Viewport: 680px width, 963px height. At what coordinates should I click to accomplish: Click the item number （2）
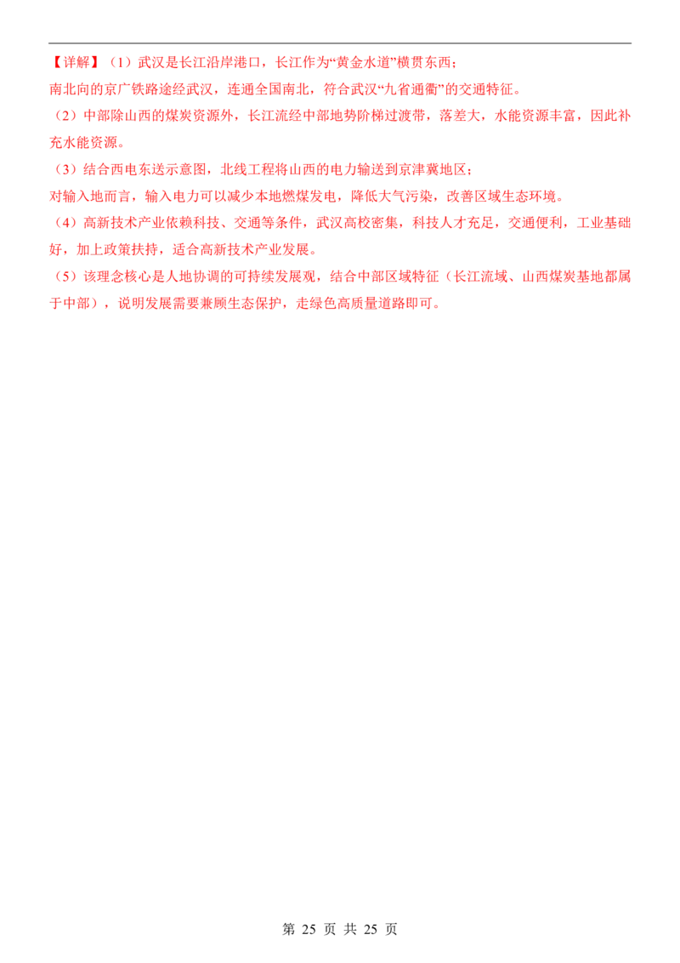(65, 116)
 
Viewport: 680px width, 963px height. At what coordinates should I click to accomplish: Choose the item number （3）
(65, 169)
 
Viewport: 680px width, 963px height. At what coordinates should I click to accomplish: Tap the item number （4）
(65, 222)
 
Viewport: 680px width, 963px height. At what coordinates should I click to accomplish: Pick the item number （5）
(65, 276)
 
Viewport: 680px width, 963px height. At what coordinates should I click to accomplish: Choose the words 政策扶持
(131, 249)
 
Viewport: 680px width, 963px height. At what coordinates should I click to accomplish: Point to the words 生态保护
(255, 304)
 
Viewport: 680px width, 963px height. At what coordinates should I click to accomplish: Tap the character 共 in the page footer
(350, 929)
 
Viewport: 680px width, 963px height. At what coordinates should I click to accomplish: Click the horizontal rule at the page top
(340, 43)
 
